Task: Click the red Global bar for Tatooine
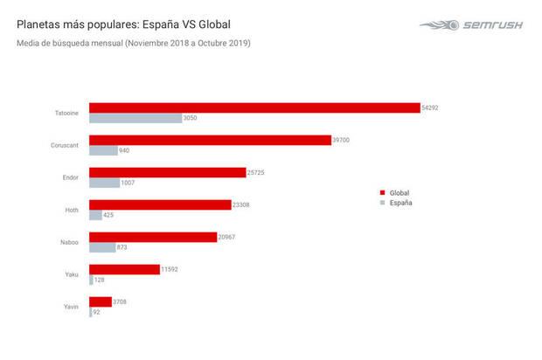[254, 107]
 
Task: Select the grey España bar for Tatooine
[135, 118]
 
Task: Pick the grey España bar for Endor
[104, 183]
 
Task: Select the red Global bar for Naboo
[153, 237]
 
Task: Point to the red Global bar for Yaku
[124, 269]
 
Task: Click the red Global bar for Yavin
[101, 301]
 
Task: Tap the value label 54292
[433, 107]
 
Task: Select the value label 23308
[245, 204]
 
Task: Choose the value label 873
[122, 247]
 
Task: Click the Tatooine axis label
[66, 113]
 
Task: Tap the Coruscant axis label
[65, 145]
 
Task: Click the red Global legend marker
[382, 192]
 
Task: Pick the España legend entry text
[401, 203]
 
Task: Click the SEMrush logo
[473, 25]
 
